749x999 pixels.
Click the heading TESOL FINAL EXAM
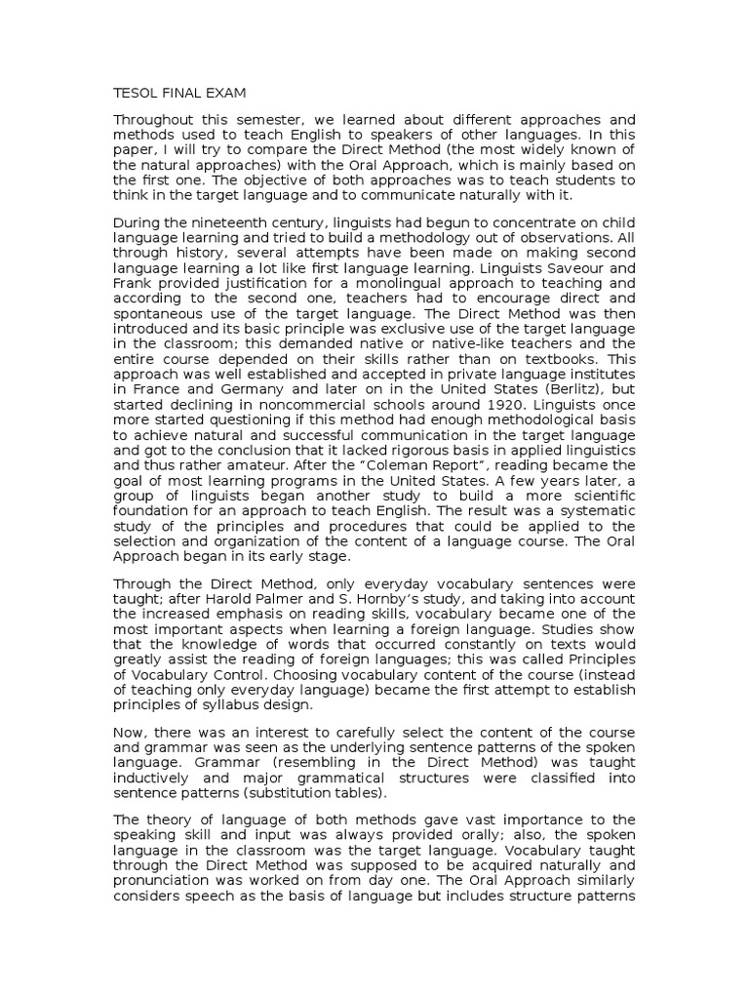click(x=180, y=93)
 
